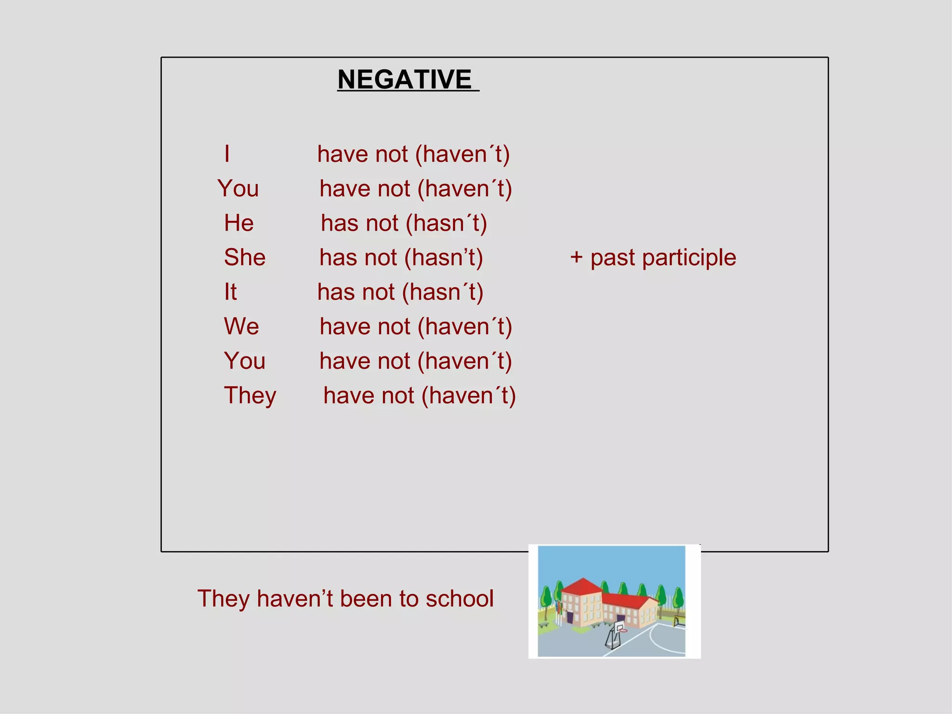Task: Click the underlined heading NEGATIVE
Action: (404, 79)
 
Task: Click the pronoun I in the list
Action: (227, 154)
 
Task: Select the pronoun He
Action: (239, 223)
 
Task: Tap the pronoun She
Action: (245, 258)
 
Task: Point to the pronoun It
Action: (230, 292)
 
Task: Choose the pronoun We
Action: (241, 326)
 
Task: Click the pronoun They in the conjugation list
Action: (250, 396)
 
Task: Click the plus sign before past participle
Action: (576, 257)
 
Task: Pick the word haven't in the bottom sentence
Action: (295, 599)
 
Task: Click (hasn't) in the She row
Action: (443, 258)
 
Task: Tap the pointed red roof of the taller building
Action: (582, 586)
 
